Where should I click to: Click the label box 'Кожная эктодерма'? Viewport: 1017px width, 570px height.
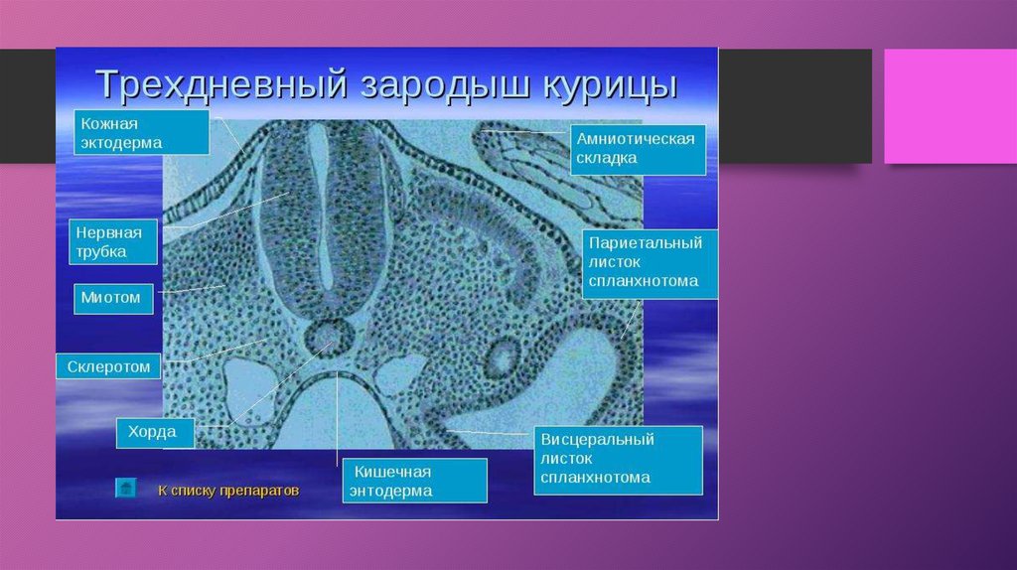tap(141, 132)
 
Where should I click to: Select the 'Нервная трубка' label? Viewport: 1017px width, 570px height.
tap(113, 242)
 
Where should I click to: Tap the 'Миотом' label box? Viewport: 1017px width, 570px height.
tap(113, 299)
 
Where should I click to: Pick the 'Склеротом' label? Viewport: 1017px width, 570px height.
tap(108, 366)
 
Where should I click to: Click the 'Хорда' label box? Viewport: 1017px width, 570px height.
tap(155, 433)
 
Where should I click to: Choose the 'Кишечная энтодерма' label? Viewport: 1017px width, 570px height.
tap(415, 481)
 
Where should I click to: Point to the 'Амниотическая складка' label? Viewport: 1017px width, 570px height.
tap(639, 149)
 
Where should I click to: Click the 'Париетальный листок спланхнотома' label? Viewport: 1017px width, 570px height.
tap(650, 263)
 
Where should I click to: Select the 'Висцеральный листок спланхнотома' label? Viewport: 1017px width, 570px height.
tap(618, 460)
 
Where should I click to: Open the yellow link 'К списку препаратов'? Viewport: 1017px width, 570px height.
tap(228, 491)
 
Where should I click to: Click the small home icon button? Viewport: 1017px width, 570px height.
tap(126, 488)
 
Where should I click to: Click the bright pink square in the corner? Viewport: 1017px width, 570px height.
tap(950, 106)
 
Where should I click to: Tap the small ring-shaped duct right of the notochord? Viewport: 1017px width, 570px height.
tap(503, 357)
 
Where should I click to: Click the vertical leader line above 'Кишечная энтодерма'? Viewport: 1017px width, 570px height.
tap(338, 418)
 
